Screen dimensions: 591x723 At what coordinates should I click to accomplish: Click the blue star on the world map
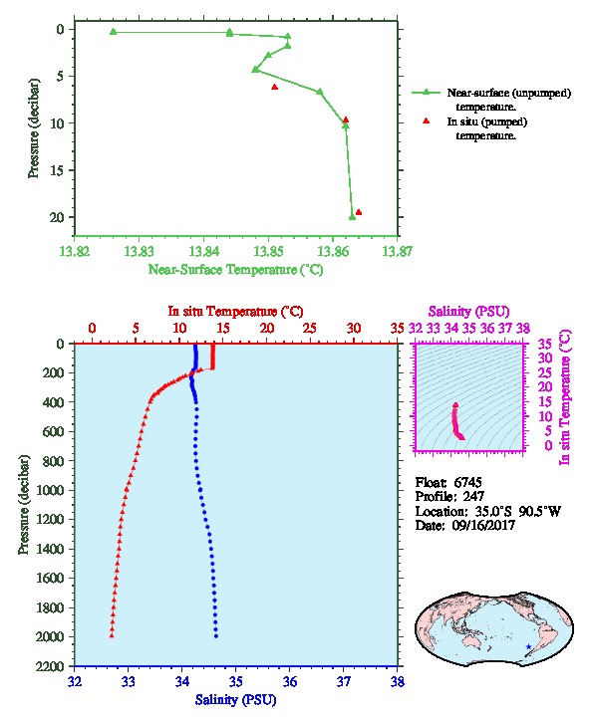point(528,646)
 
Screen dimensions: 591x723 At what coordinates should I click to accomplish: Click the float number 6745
point(467,483)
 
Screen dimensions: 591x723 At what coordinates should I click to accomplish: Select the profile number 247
point(473,497)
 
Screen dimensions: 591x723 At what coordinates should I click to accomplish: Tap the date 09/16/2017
point(483,525)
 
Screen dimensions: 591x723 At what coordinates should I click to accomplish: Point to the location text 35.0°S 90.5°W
point(512,511)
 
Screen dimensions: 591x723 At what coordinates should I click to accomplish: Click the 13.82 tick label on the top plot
point(75,252)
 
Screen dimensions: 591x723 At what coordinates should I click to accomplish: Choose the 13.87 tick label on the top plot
point(398,252)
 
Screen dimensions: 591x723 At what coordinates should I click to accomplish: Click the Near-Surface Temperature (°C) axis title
point(235,270)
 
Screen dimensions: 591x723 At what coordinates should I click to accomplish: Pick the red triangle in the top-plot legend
point(427,120)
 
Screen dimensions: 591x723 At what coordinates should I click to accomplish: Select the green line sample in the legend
point(426,93)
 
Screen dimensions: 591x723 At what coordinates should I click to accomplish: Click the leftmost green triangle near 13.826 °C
point(114,31)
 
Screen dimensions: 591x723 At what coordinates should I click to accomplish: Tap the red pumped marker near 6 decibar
point(274,87)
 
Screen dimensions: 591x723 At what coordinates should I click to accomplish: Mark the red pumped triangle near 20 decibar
point(359,212)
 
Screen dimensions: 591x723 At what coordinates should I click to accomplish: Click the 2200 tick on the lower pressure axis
point(50,666)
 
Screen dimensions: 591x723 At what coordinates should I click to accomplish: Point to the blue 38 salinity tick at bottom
point(398,681)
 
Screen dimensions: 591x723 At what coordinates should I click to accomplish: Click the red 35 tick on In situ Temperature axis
point(398,329)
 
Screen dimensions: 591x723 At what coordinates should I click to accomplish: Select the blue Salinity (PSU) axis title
point(236,700)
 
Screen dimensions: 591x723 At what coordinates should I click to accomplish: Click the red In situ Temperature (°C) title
point(235,312)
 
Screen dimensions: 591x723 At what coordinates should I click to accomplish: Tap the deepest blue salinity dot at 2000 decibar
point(216,636)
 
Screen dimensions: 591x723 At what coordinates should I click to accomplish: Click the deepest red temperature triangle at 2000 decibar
point(112,635)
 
